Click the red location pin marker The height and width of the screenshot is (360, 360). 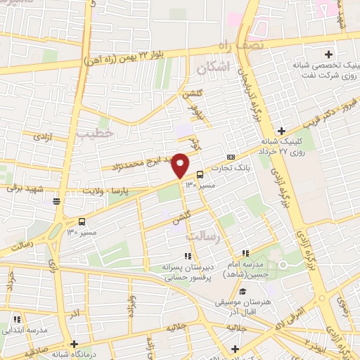point(181,165)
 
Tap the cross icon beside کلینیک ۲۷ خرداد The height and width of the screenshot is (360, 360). point(281,131)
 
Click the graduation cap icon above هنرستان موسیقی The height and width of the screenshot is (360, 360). point(243,292)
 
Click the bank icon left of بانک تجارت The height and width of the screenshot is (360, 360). point(231,157)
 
